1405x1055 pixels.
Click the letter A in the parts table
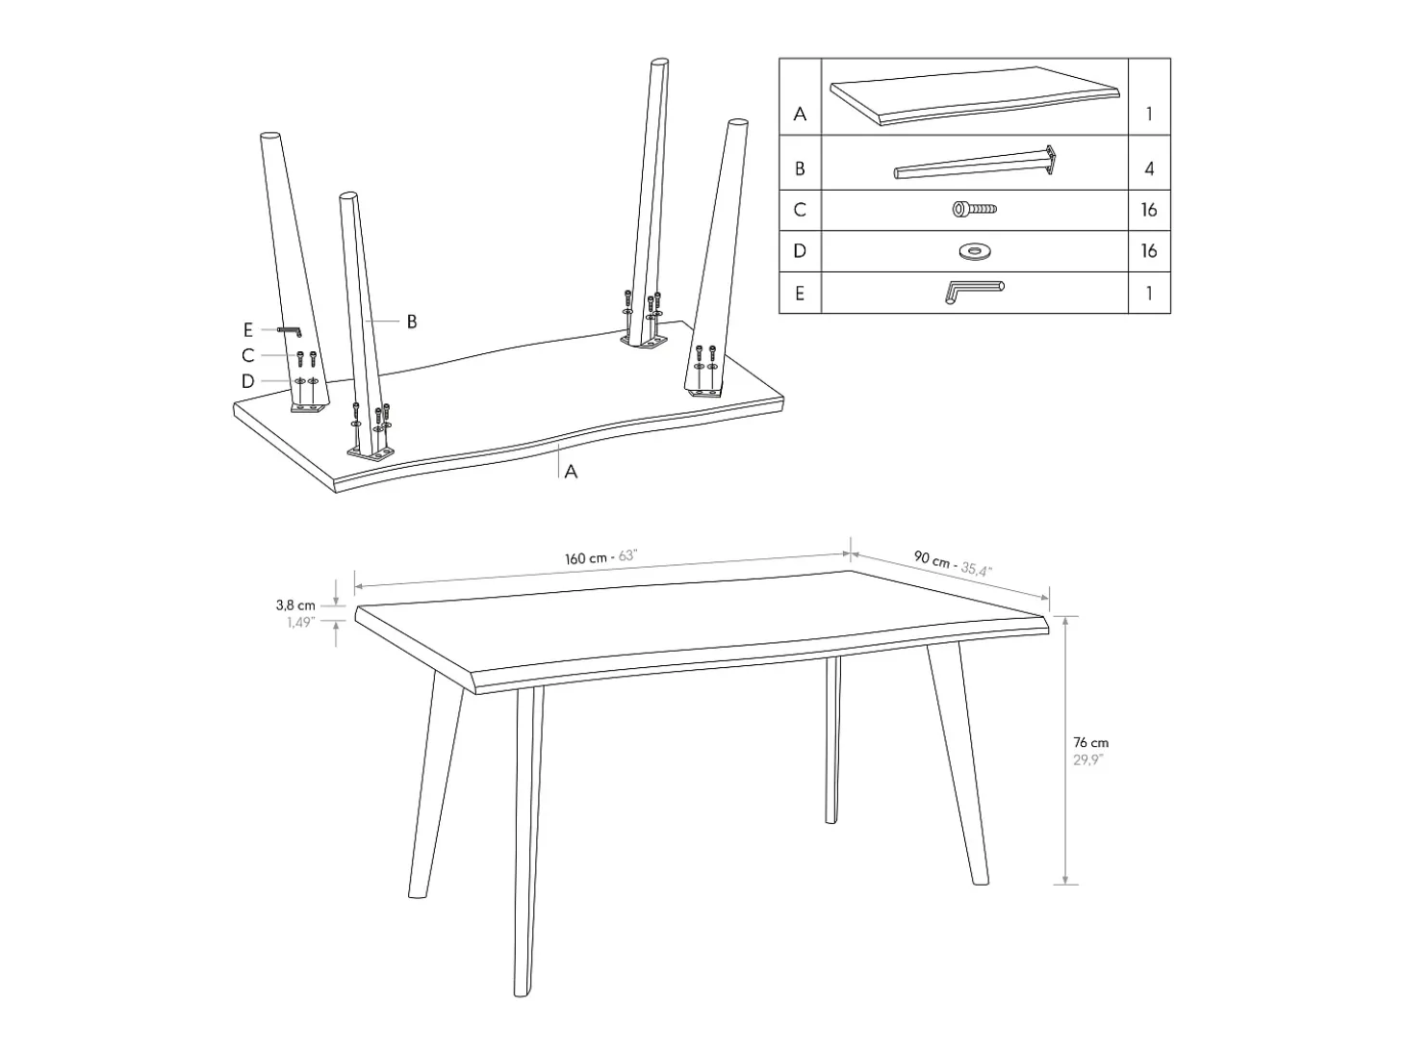pyautogui.click(x=800, y=114)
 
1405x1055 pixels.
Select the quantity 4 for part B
pyautogui.click(x=1149, y=169)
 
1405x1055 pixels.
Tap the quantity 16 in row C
pyautogui.click(x=1149, y=210)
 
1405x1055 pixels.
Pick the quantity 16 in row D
pyautogui.click(x=1149, y=251)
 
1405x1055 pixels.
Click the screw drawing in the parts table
pyautogui.click(x=974, y=209)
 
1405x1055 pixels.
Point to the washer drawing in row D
pyautogui.click(x=974, y=251)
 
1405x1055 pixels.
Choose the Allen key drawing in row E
pyautogui.click(x=974, y=292)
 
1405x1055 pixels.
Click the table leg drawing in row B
pyautogui.click(x=974, y=163)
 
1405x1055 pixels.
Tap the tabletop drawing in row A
pyautogui.click(x=974, y=95)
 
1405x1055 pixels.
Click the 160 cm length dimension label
pyautogui.click(x=600, y=557)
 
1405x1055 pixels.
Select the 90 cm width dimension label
pyautogui.click(x=953, y=562)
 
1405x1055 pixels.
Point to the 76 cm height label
pyautogui.click(x=1090, y=742)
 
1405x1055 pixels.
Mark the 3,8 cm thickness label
pyautogui.click(x=295, y=605)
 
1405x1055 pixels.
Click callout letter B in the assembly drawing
pyautogui.click(x=412, y=322)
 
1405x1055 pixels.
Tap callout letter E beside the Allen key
pyautogui.click(x=247, y=329)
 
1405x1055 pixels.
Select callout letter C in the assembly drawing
pyautogui.click(x=247, y=355)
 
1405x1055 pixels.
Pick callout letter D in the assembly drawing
pyautogui.click(x=247, y=381)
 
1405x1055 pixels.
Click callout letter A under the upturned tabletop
pyautogui.click(x=571, y=472)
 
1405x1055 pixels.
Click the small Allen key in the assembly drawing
pyautogui.click(x=290, y=330)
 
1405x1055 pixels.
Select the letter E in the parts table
pyautogui.click(x=800, y=294)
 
